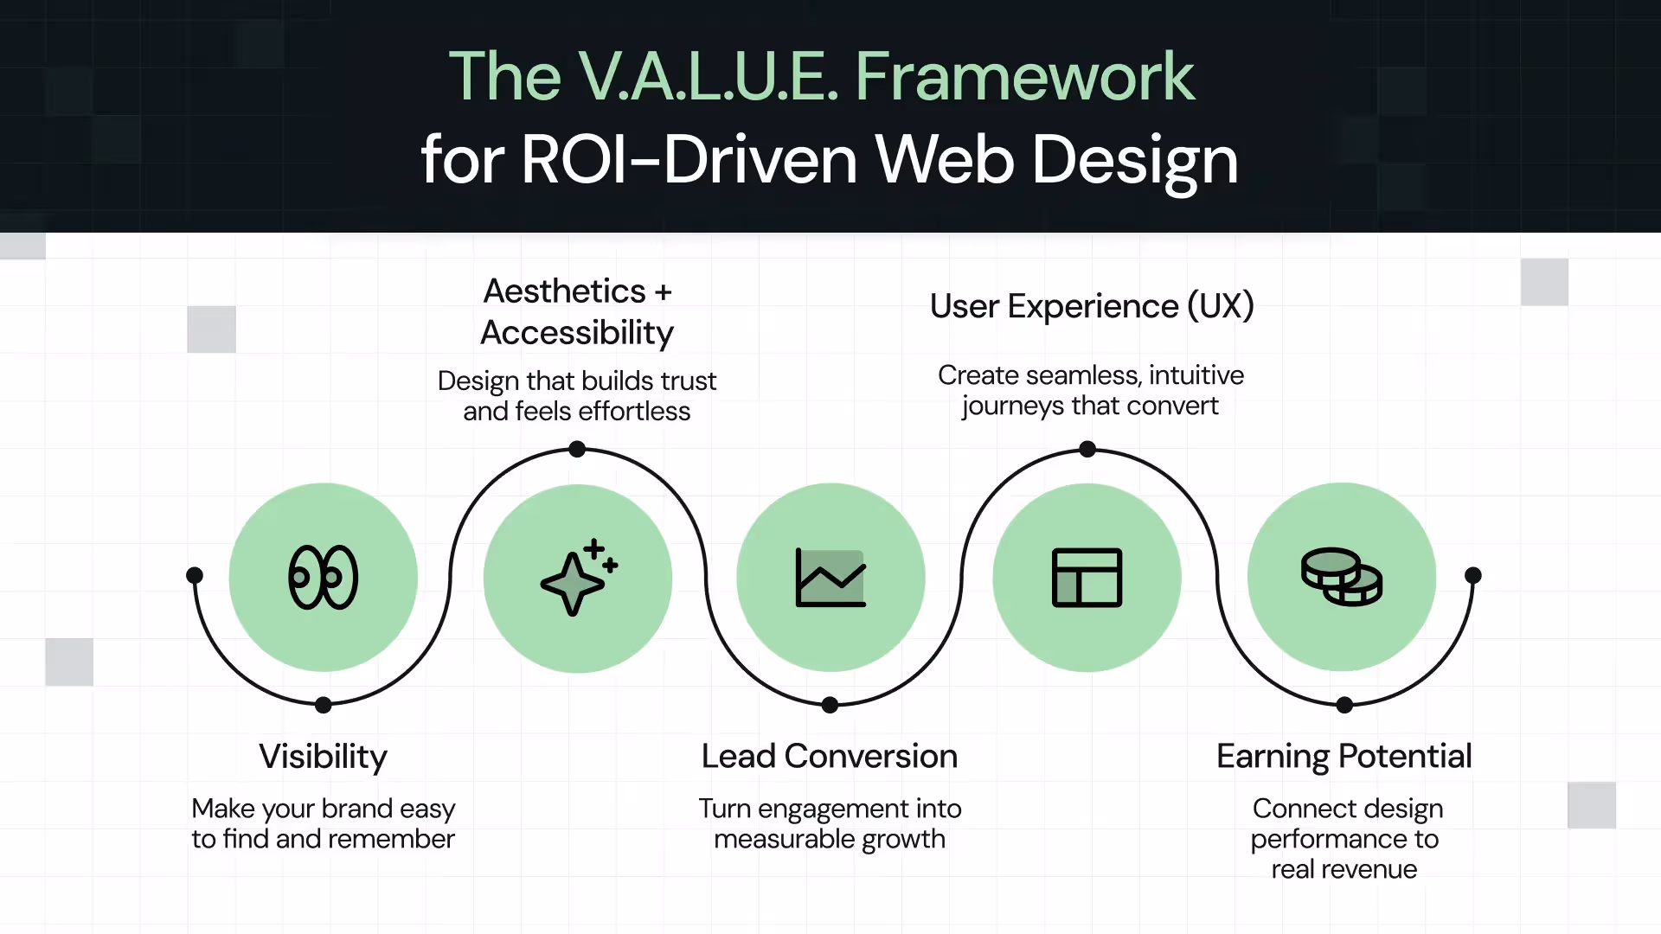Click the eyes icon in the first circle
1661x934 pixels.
tap(323, 577)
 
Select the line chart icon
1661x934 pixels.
tap(830, 578)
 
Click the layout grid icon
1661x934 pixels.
tap(1087, 578)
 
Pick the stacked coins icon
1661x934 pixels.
tap(1342, 577)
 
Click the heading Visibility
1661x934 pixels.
tap(323, 757)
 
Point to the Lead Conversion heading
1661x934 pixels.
tap(830, 757)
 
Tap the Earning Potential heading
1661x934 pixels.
tap(1344, 757)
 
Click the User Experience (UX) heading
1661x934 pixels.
tap(1092, 306)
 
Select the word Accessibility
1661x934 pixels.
tap(577, 333)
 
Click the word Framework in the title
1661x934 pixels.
tap(1024, 76)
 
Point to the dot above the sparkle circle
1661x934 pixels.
tap(577, 449)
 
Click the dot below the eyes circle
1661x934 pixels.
tap(324, 705)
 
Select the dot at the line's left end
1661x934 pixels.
tap(195, 575)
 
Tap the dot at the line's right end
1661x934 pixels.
tap(1473, 575)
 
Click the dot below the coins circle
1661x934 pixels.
tap(1344, 705)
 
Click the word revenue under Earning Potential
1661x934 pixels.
tap(1369, 869)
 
